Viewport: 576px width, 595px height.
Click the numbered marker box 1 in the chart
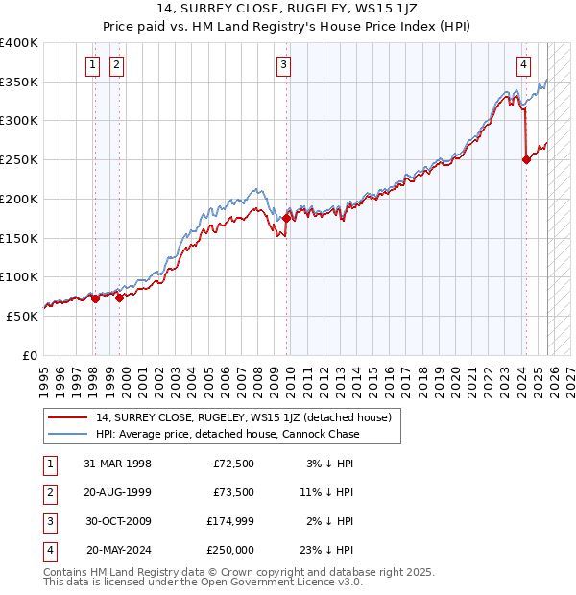(92, 65)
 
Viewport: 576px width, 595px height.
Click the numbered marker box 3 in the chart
(284, 65)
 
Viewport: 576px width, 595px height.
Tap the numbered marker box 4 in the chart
(524, 65)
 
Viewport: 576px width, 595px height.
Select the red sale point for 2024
(526, 159)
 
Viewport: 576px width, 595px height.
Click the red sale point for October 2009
(287, 219)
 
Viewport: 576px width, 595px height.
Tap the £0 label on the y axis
(29, 355)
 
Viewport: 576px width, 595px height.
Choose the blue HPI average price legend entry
(228, 434)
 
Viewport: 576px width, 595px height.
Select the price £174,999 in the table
(230, 521)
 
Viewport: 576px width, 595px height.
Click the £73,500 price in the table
(233, 492)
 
